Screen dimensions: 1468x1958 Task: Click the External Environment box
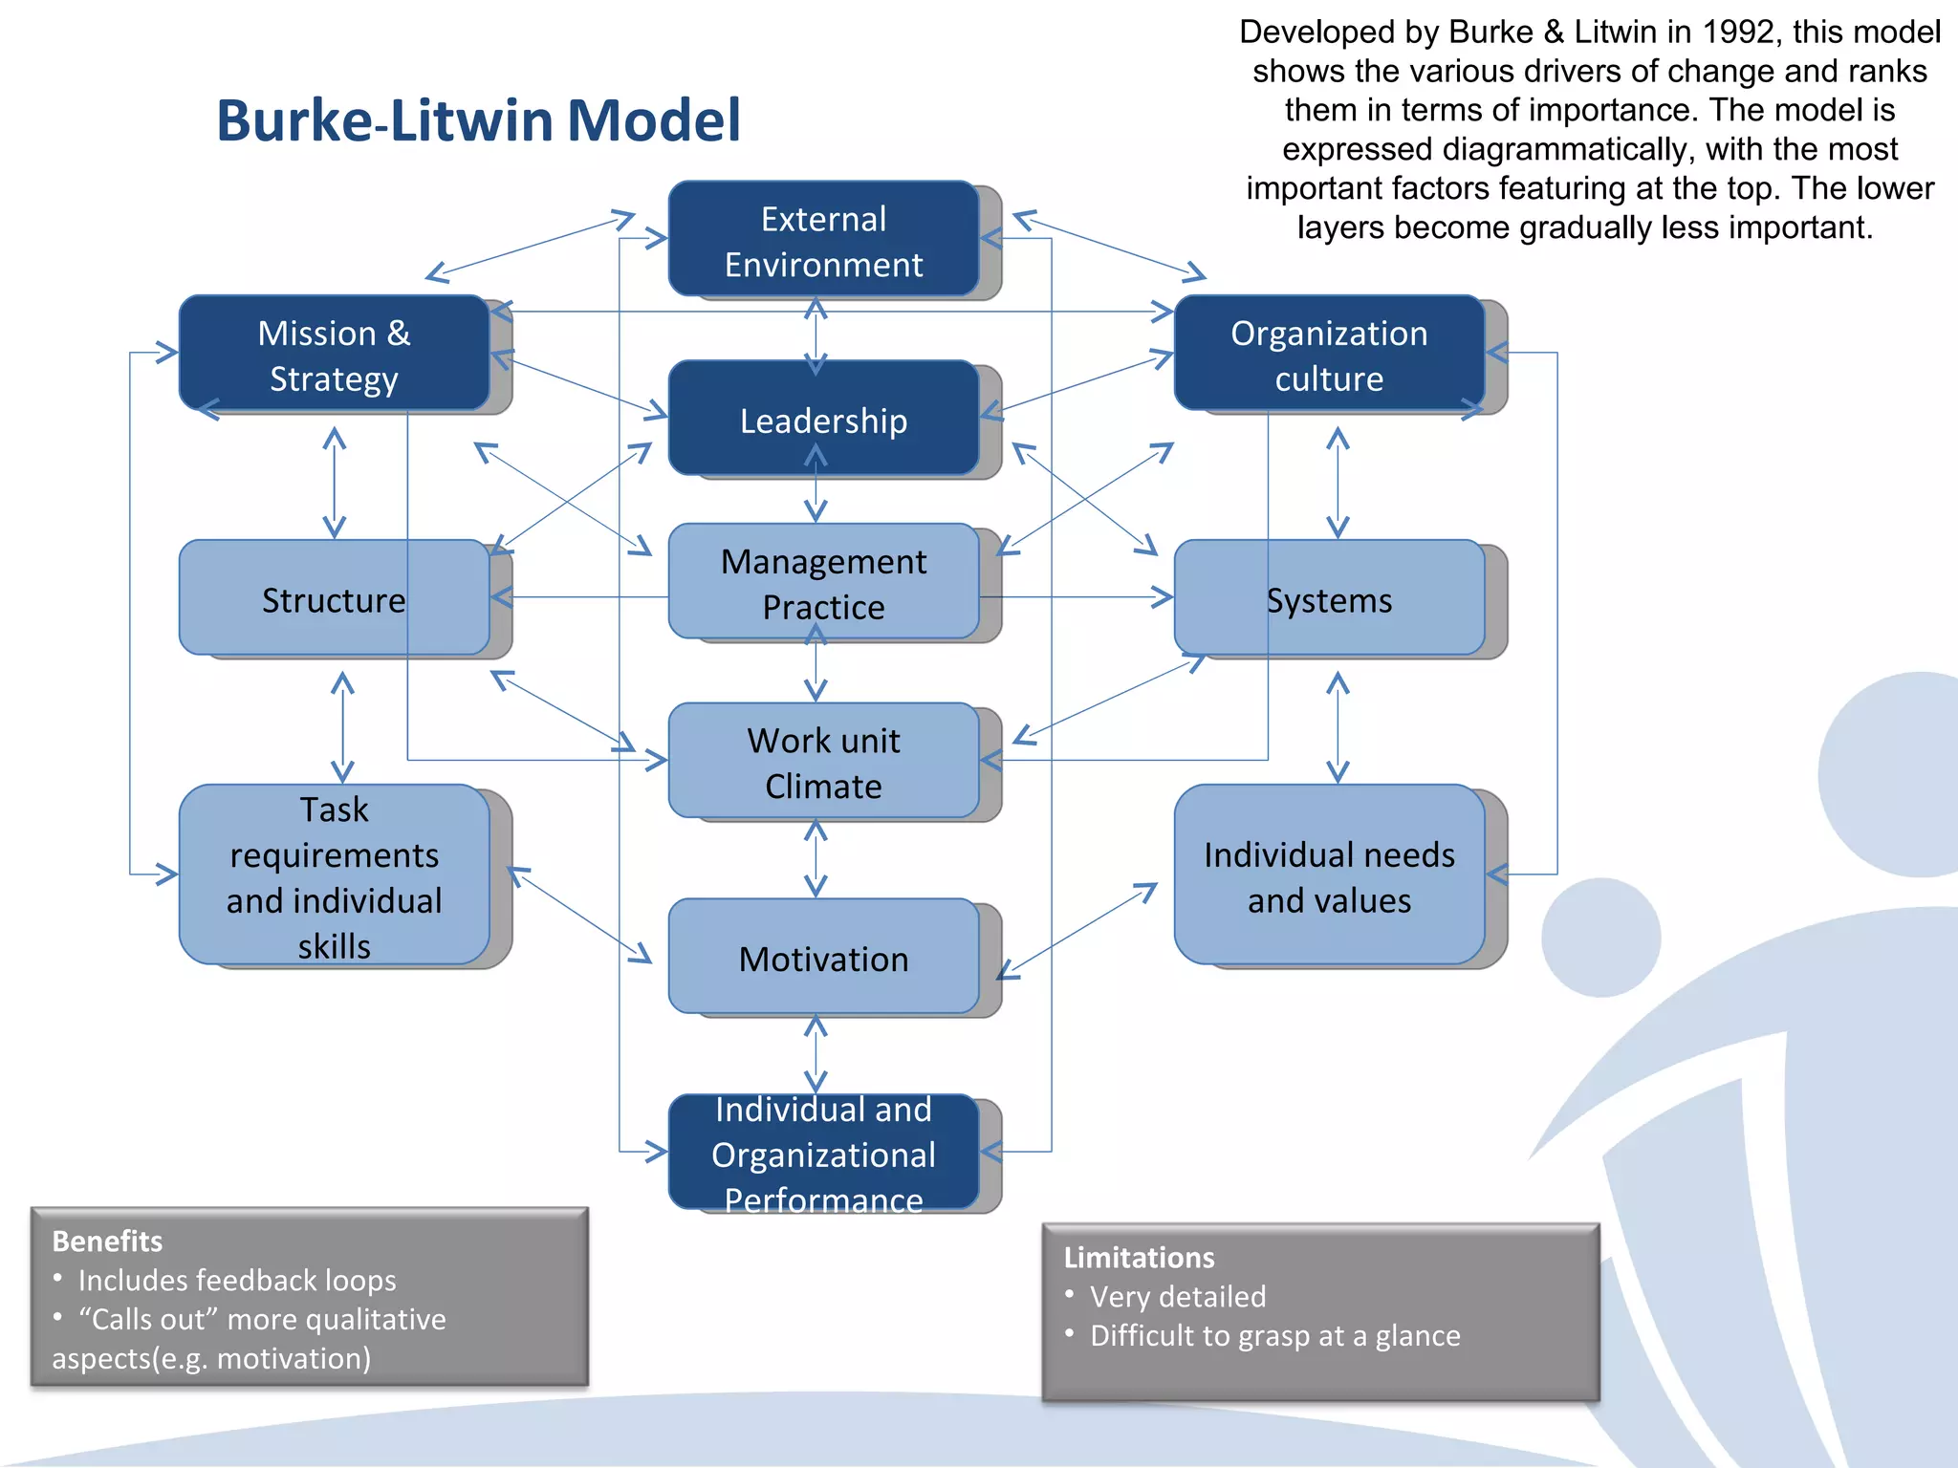pos(823,240)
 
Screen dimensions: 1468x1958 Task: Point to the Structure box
pos(334,598)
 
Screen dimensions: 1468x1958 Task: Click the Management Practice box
pos(823,582)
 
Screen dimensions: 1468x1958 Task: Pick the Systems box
pos(1329,598)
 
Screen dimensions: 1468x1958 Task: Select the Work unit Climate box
pos(823,762)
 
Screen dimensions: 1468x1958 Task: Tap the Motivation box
pos(823,958)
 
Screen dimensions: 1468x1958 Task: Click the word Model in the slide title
pos(654,121)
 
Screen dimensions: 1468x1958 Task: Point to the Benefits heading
pos(107,1241)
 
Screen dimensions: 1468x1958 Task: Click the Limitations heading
pos(1139,1257)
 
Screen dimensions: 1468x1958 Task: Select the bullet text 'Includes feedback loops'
pos(237,1280)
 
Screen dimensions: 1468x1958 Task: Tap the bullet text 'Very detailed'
pos(1178,1296)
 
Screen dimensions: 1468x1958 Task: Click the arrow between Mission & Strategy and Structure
pos(334,483)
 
